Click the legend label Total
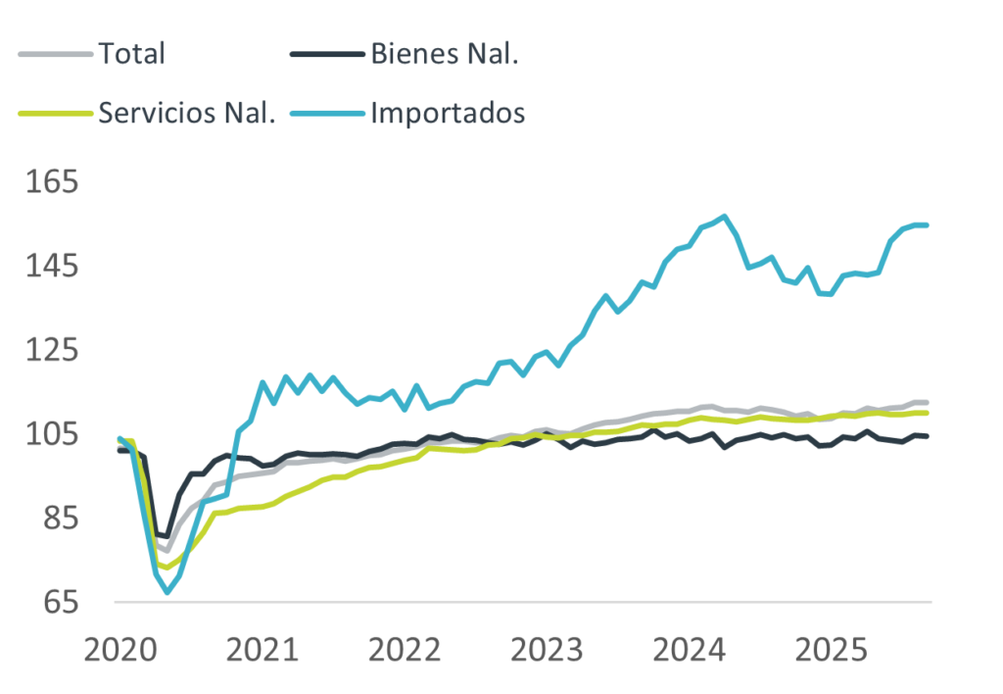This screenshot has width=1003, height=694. point(132,53)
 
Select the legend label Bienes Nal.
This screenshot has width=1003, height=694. point(444,53)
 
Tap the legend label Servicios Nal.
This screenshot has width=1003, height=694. point(187,113)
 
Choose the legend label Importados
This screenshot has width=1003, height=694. point(448,113)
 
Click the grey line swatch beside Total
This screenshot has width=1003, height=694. point(55,54)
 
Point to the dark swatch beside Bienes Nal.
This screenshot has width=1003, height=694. point(327,54)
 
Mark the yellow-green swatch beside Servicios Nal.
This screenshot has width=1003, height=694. point(55,114)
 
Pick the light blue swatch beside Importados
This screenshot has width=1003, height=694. point(327,114)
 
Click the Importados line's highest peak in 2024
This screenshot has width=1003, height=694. point(724,216)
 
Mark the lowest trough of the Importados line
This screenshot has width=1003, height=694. point(167,592)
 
